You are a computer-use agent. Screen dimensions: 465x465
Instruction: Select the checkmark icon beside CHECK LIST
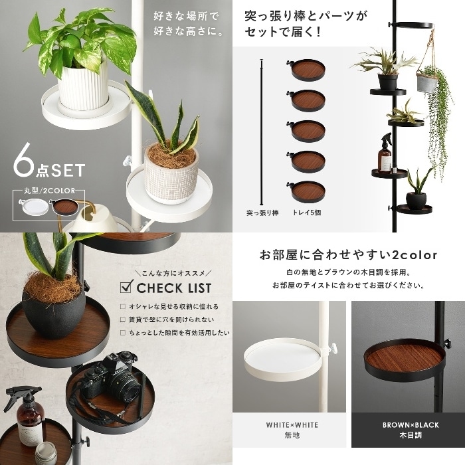[x=127, y=286]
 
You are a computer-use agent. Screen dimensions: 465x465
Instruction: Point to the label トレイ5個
[x=306, y=213]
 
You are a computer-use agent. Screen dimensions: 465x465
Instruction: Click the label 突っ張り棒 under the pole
[x=262, y=213]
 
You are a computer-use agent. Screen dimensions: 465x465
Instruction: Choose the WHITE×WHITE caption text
[x=292, y=425]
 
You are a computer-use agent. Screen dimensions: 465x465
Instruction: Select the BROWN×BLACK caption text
[x=411, y=425]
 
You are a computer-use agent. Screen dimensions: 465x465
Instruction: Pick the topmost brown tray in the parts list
[x=307, y=70]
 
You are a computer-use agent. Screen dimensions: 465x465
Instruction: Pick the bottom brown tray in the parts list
[x=307, y=191]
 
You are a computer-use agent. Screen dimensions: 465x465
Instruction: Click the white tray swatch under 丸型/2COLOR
[x=34, y=207]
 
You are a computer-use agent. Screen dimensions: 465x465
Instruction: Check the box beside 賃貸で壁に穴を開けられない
[x=123, y=320]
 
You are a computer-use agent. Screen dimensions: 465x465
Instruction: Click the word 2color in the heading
[x=415, y=255]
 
